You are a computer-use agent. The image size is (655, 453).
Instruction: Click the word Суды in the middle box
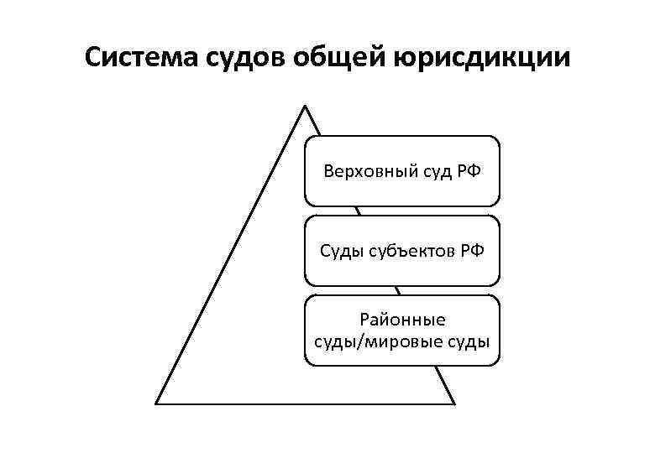click(x=340, y=251)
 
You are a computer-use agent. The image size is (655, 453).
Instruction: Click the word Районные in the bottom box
click(x=402, y=320)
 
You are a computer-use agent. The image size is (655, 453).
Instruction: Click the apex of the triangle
click(x=304, y=107)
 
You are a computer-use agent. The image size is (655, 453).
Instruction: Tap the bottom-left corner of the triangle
click(x=157, y=403)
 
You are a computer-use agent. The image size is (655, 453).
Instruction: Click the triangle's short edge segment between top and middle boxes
click(x=359, y=211)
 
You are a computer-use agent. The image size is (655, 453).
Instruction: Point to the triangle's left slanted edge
click(x=231, y=254)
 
